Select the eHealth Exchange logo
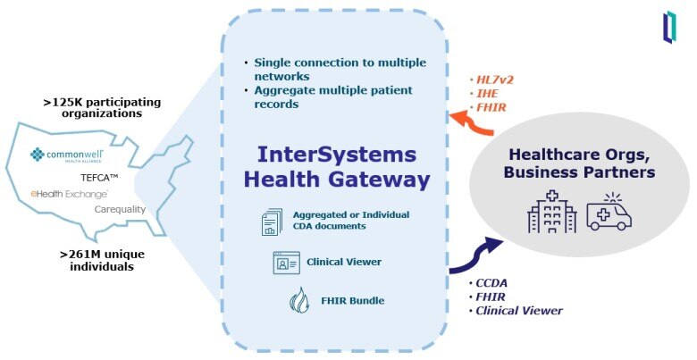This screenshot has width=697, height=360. [x=70, y=193]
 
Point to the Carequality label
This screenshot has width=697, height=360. [x=120, y=209]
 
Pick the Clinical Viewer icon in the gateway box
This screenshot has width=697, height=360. [x=286, y=263]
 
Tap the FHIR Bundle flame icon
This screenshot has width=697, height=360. [x=298, y=301]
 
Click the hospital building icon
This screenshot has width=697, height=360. [x=552, y=212]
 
